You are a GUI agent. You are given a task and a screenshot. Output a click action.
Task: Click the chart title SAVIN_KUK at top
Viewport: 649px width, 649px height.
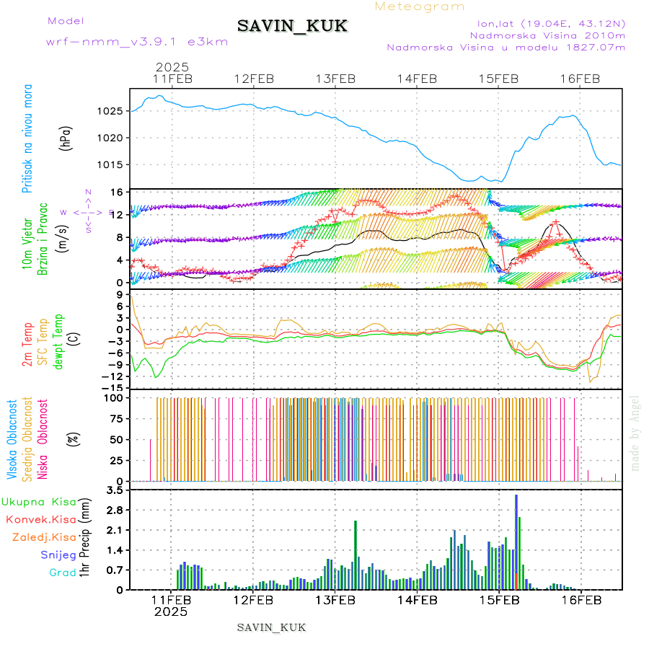point(292,27)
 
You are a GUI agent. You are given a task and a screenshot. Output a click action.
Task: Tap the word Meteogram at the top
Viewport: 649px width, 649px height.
point(420,6)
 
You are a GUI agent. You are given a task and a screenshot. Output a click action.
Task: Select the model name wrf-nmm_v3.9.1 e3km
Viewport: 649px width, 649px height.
point(137,42)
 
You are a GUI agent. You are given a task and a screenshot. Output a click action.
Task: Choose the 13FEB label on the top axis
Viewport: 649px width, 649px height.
point(336,79)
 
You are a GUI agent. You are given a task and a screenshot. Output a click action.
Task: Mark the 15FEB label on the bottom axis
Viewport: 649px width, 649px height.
point(499,600)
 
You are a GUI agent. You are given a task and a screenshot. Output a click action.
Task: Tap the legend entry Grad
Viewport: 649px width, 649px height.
point(62,573)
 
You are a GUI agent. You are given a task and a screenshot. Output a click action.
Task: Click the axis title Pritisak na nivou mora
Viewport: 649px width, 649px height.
point(27,138)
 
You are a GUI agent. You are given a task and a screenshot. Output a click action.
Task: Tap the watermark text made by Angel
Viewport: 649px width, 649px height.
point(635,433)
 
